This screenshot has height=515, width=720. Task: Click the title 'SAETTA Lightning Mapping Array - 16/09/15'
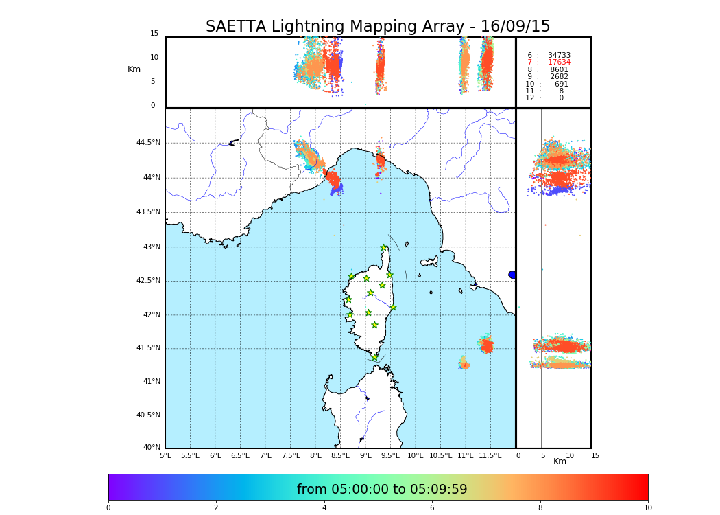click(x=378, y=27)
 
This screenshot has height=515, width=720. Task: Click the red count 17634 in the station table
click(x=559, y=62)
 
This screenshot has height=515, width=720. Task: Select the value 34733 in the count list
click(x=559, y=56)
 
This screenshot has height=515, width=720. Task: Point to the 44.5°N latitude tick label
click(x=148, y=143)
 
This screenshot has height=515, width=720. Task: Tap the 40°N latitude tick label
click(x=152, y=448)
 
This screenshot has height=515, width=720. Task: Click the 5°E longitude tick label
click(x=165, y=455)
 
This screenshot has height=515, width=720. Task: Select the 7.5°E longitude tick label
click(x=291, y=455)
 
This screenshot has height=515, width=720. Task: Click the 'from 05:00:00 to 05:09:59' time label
click(x=382, y=490)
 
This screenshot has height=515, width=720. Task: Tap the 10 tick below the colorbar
click(x=647, y=507)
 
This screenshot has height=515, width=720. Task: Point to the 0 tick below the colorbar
click(x=108, y=507)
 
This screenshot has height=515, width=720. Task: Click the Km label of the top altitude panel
click(x=134, y=69)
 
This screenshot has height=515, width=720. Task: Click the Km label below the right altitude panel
click(x=560, y=461)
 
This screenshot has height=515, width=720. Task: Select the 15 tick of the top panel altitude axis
click(x=154, y=34)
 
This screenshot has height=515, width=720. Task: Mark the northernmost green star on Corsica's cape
click(x=384, y=248)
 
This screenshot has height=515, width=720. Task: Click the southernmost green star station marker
click(x=374, y=357)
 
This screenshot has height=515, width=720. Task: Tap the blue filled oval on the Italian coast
click(x=512, y=275)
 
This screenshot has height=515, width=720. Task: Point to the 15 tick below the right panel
click(x=595, y=455)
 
